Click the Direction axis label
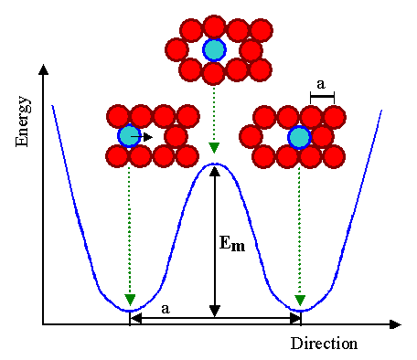(x=324, y=344)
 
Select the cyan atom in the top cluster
(x=213, y=48)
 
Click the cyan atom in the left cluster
(x=129, y=136)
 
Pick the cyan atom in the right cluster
(x=299, y=137)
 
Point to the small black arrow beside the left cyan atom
(x=146, y=136)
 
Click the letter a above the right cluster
(x=321, y=85)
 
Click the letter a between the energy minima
(x=165, y=309)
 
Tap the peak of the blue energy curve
(x=214, y=164)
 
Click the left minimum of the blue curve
(x=129, y=311)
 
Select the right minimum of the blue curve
(x=300, y=311)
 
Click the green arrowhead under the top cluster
(x=213, y=148)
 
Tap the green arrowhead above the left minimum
(x=129, y=301)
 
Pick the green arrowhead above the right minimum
(x=300, y=301)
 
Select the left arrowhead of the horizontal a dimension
(x=134, y=317)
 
